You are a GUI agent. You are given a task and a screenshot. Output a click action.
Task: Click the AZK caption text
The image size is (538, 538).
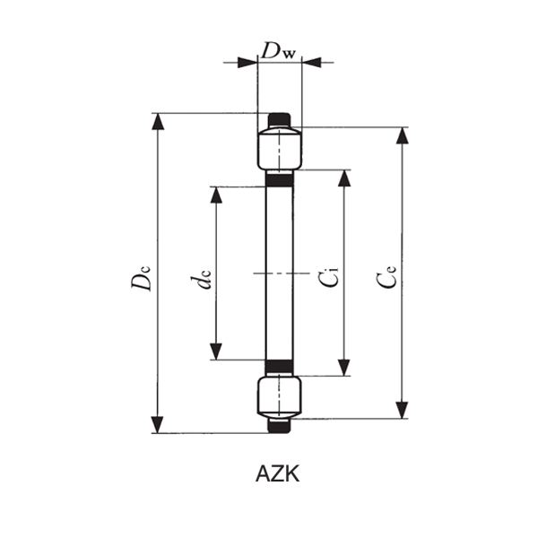coord(277,474)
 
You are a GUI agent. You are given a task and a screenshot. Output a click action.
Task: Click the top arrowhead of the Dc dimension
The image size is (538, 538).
coord(159,122)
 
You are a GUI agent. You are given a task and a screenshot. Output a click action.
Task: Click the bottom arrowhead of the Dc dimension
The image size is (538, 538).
coord(159,425)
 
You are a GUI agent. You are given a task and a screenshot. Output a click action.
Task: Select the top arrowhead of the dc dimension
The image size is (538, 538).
coord(215,195)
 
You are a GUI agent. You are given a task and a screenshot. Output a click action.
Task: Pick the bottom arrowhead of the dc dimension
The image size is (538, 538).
coord(215,351)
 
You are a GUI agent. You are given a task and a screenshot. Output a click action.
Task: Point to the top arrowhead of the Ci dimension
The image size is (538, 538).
coord(343,178)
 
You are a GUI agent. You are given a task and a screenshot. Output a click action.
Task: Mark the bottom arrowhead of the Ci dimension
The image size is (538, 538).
coord(343,367)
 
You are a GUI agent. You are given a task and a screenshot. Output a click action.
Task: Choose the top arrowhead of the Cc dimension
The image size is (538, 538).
coord(401,136)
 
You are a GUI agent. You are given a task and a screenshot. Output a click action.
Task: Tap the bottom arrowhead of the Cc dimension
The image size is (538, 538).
coord(401,410)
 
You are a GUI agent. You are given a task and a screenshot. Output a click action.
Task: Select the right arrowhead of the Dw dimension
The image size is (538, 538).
coord(311,62)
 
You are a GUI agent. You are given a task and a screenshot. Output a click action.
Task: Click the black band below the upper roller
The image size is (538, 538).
coord(280,178)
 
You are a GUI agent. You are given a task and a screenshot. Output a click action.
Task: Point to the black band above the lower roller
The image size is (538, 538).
coord(280,367)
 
